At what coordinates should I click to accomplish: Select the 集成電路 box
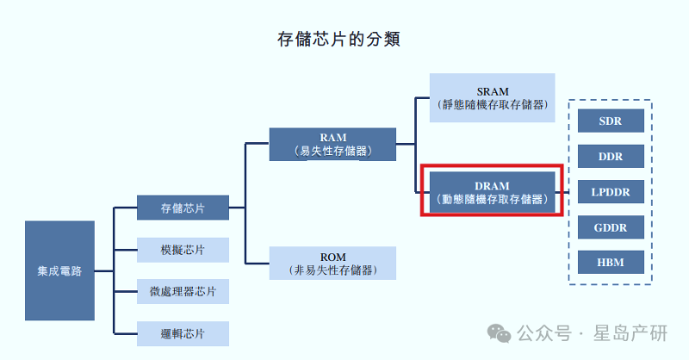coord(59,270)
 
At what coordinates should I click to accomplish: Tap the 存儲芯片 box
coord(183,208)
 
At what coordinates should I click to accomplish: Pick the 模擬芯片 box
coord(183,250)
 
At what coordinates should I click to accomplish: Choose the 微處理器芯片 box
coord(183,291)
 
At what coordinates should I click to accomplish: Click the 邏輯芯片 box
coord(183,333)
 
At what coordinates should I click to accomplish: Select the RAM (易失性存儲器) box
coord(332,145)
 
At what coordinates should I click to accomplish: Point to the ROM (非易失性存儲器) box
coord(332,264)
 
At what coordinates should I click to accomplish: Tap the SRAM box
coord(493,98)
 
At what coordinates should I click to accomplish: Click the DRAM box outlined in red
coord(493,191)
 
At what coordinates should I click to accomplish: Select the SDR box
coord(611,121)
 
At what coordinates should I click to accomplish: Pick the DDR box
coord(611,156)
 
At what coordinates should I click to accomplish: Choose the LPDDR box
coord(611,191)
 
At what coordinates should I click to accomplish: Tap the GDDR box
coord(611,227)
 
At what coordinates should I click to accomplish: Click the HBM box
coord(611,262)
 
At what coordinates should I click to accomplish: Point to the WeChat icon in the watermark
coord(500,333)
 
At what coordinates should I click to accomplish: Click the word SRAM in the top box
coord(493,91)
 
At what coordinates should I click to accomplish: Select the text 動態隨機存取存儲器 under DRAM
coord(493,198)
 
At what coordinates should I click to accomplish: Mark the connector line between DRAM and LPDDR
coord(565,191)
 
